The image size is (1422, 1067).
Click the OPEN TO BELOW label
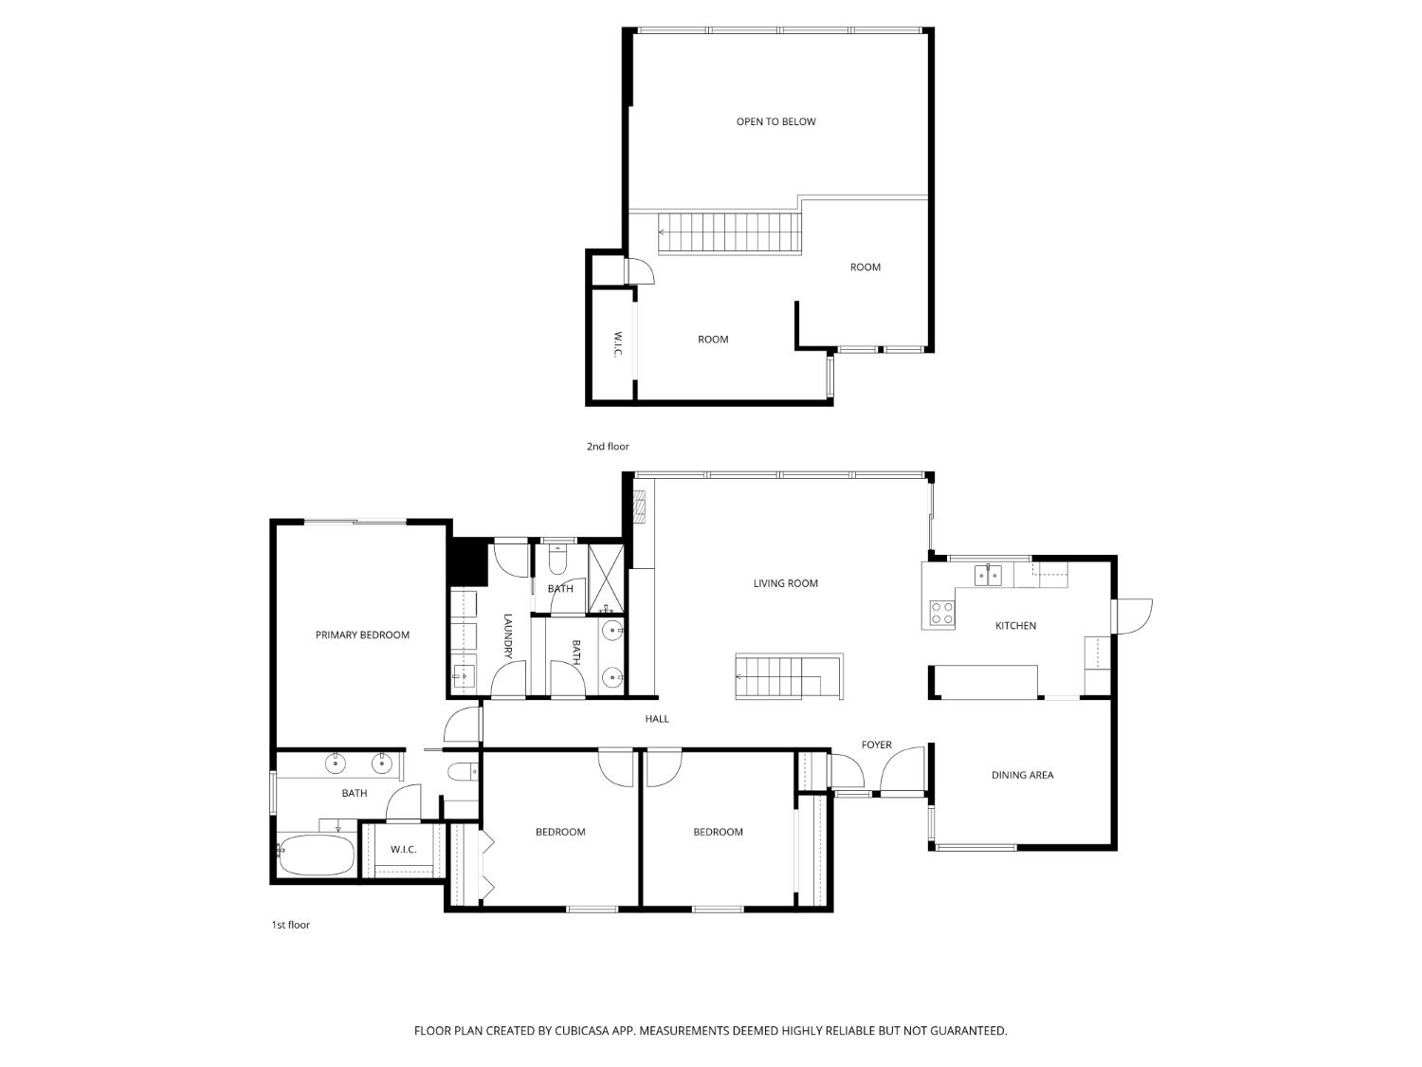775,121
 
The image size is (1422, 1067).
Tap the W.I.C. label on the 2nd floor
616,344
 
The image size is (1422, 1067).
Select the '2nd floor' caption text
607,446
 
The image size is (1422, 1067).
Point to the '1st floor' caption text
290,925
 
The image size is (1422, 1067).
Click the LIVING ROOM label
785,583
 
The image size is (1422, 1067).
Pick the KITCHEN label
1015,626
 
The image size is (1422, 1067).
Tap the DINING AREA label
1022,775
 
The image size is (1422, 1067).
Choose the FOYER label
876,745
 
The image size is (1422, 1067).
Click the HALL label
657,719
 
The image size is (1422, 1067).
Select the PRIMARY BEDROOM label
362,635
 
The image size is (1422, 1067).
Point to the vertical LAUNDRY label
507,635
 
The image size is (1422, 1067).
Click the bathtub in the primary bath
317,855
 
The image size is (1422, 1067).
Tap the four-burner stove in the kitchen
941,613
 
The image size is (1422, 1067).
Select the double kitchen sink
989,575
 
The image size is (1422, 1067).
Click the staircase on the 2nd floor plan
730,233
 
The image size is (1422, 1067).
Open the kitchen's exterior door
1133,616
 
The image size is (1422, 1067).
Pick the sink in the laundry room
465,676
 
